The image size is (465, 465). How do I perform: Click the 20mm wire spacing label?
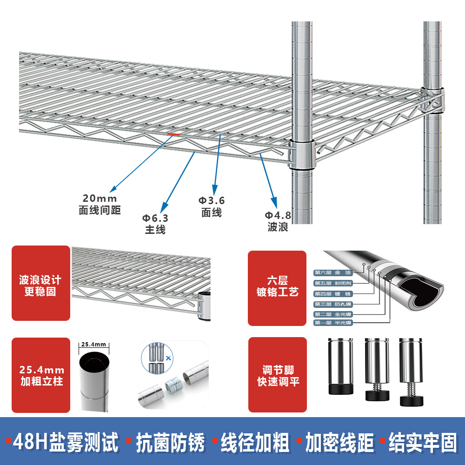100,204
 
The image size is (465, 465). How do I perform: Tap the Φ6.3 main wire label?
155,224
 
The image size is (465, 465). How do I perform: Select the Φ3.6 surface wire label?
212,206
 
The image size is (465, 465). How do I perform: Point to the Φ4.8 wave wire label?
278,221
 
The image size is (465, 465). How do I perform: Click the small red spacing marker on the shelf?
173,133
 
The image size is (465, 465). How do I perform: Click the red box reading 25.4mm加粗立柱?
41,376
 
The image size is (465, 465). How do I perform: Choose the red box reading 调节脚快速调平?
278,376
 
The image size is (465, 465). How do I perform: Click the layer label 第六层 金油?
333,272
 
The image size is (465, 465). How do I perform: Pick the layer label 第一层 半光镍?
333,323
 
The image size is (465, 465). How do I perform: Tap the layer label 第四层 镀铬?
333,294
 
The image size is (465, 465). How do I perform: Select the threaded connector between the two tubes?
173,385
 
